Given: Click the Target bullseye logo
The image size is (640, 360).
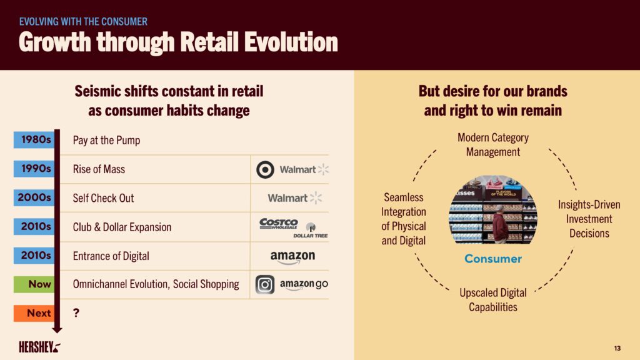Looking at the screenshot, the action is click(x=265, y=169).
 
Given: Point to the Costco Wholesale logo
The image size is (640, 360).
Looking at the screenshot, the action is click(x=279, y=224).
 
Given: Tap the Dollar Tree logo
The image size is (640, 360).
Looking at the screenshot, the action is click(x=311, y=231).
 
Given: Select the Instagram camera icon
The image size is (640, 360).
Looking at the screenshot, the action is click(x=265, y=284).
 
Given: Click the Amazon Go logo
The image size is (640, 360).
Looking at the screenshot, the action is click(x=304, y=284).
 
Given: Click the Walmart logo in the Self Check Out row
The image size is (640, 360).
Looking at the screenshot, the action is click(x=295, y=198).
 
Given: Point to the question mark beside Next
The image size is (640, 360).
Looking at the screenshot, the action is click(x=76, y=313).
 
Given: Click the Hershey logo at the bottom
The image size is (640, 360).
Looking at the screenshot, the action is click(x=39, y=347).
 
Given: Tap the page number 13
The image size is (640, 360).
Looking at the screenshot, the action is click(x=617, y=348).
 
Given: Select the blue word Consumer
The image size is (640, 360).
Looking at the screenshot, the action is click(x=493, y=259).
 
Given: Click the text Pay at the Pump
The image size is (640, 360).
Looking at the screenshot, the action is click(x=106, y=141).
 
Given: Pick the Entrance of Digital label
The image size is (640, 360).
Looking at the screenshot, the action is click(x=111, y=256).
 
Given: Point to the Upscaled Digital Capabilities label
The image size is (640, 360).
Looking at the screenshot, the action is click(x=493, y=300).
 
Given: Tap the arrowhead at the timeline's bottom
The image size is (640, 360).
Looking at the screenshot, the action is click(x=57, y=329).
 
